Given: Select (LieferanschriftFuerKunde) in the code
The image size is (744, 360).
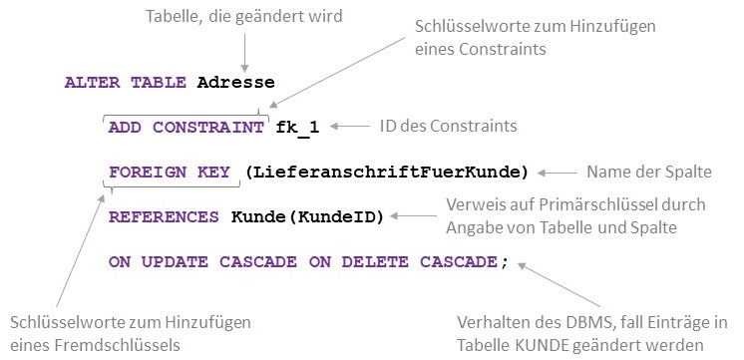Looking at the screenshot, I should pos(385,172).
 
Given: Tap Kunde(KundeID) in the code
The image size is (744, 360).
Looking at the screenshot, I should pos(307,216).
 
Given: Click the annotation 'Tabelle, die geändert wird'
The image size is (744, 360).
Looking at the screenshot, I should pos(243,18).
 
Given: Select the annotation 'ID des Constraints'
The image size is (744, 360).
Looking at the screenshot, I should pos(449,127).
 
